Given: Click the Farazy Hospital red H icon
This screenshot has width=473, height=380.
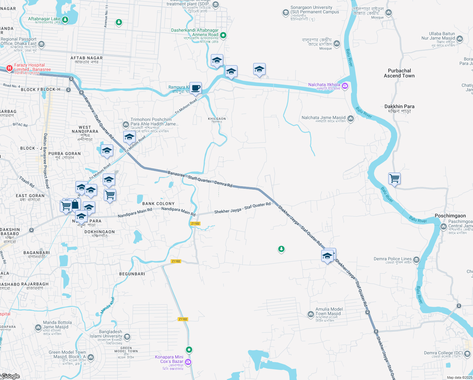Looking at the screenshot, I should [9, 68].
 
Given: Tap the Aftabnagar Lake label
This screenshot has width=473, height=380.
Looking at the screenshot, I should [44, 19].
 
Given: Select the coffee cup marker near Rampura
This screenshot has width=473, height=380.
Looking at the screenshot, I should [196, 88].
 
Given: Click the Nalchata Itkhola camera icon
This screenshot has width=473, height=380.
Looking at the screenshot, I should [345, 86].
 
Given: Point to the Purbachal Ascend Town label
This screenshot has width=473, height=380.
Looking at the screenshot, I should [399, 73].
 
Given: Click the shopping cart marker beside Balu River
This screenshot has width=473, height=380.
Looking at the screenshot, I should [395, 179].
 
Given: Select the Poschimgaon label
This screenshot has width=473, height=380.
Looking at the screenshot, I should [450, 216].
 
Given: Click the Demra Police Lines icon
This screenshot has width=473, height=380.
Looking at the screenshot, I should [416, 260].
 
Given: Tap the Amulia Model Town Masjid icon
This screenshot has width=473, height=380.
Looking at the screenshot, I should [311, 314].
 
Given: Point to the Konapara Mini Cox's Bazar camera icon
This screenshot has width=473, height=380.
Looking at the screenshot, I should [188, 362].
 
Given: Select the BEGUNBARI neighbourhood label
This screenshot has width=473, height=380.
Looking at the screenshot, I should [132, 274].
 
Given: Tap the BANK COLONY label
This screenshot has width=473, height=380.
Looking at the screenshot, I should [158, 204].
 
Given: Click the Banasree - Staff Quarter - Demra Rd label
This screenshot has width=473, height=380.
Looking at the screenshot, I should [200, 179].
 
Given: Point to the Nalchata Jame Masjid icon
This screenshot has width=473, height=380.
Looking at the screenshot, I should [351, 118].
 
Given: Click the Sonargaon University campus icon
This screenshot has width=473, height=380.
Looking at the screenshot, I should [286, 13].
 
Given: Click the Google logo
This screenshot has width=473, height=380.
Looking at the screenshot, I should [11, 376].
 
